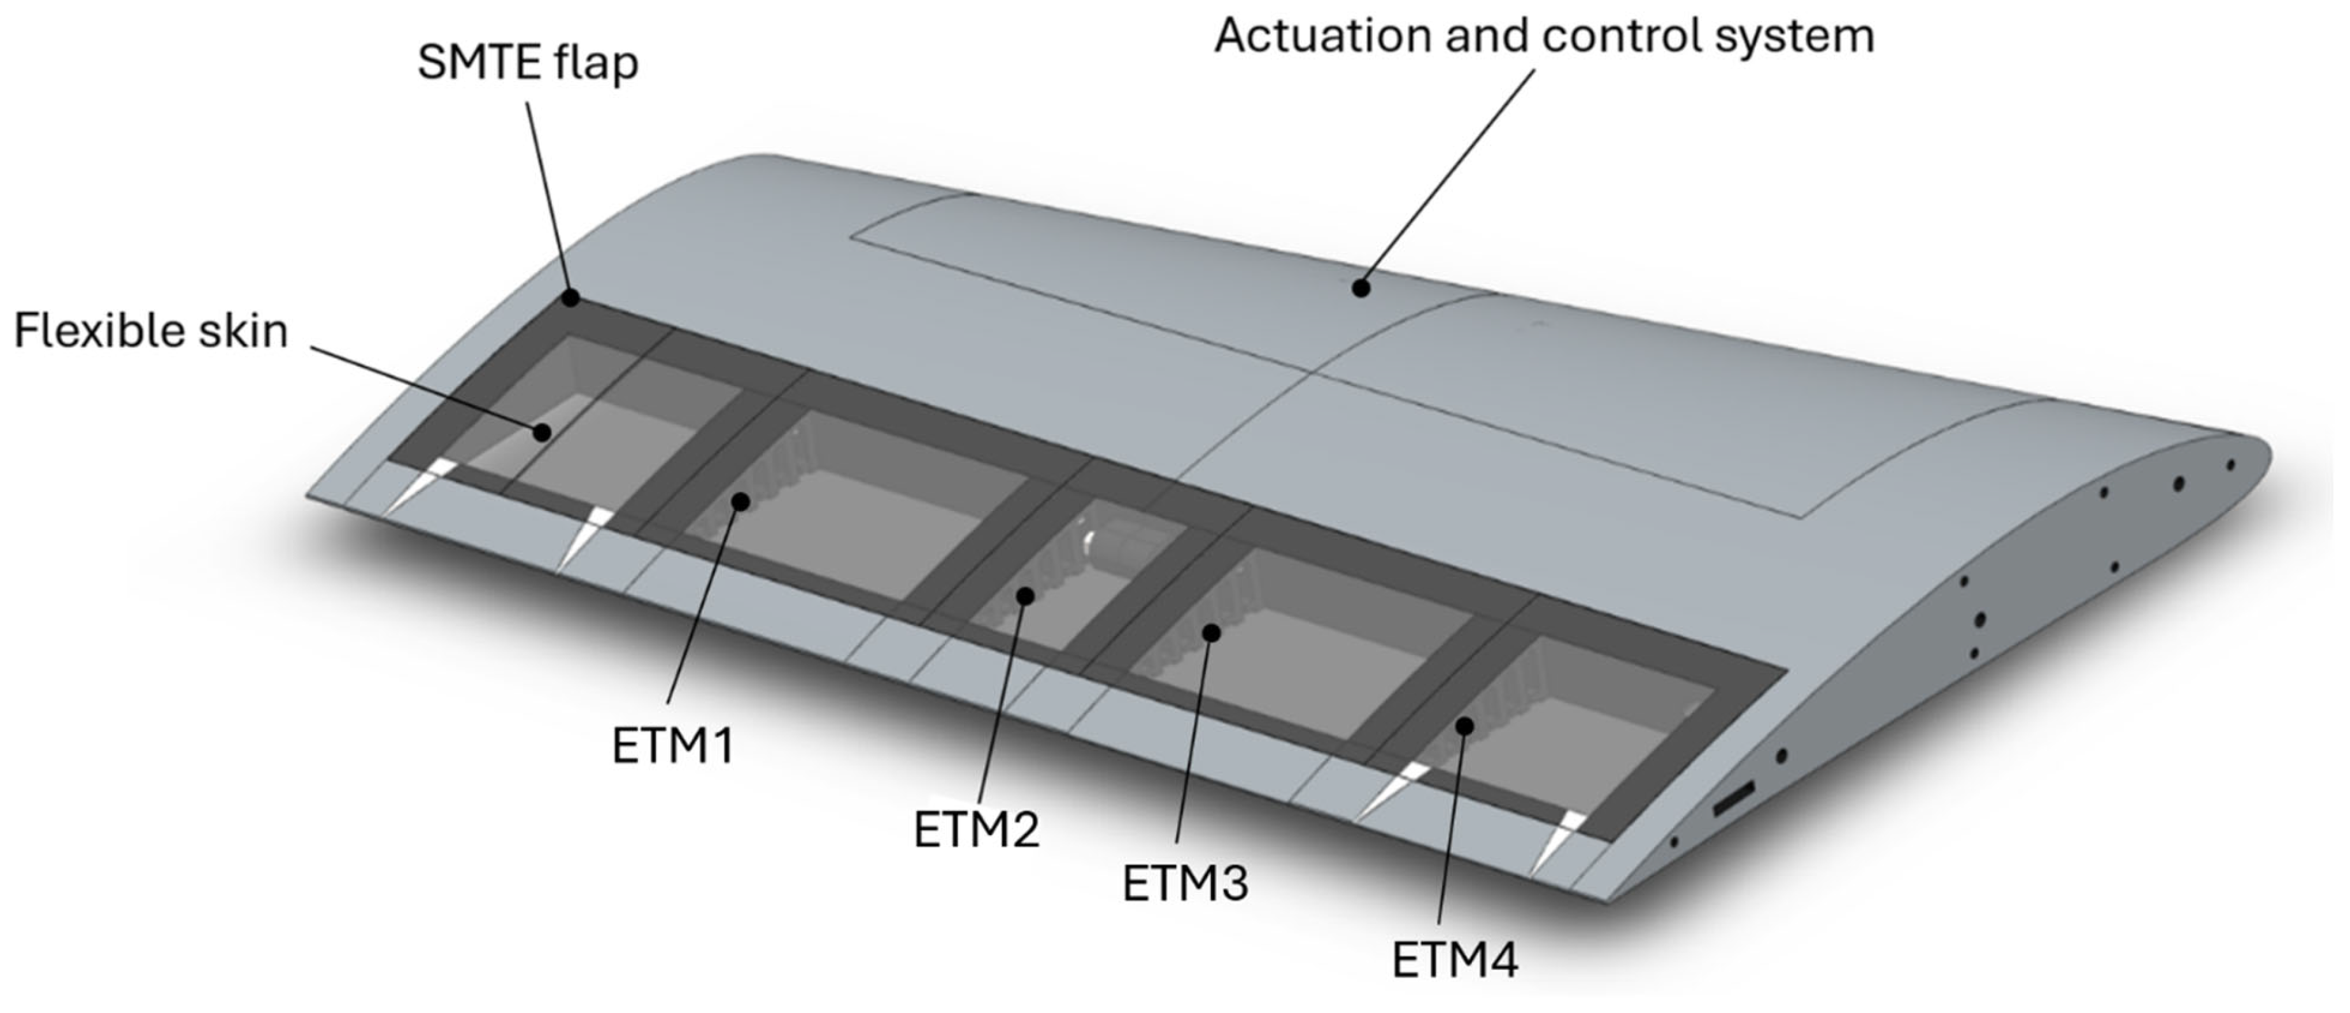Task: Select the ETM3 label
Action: [x=1185, y=884]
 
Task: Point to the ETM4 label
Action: [x=1454, y=959]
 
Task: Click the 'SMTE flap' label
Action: [x=527, y=63]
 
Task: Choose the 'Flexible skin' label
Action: [x=150, y=331]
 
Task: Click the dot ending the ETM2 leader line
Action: [x=1026, y=596]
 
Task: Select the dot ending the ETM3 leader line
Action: [x=1212, y=633]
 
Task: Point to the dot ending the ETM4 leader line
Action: [x=1465, y=726]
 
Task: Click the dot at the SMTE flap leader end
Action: [x=571, y=298]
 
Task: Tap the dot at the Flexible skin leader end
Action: [x=542, y=433]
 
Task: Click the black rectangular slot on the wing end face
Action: [x=1733, y=800]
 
